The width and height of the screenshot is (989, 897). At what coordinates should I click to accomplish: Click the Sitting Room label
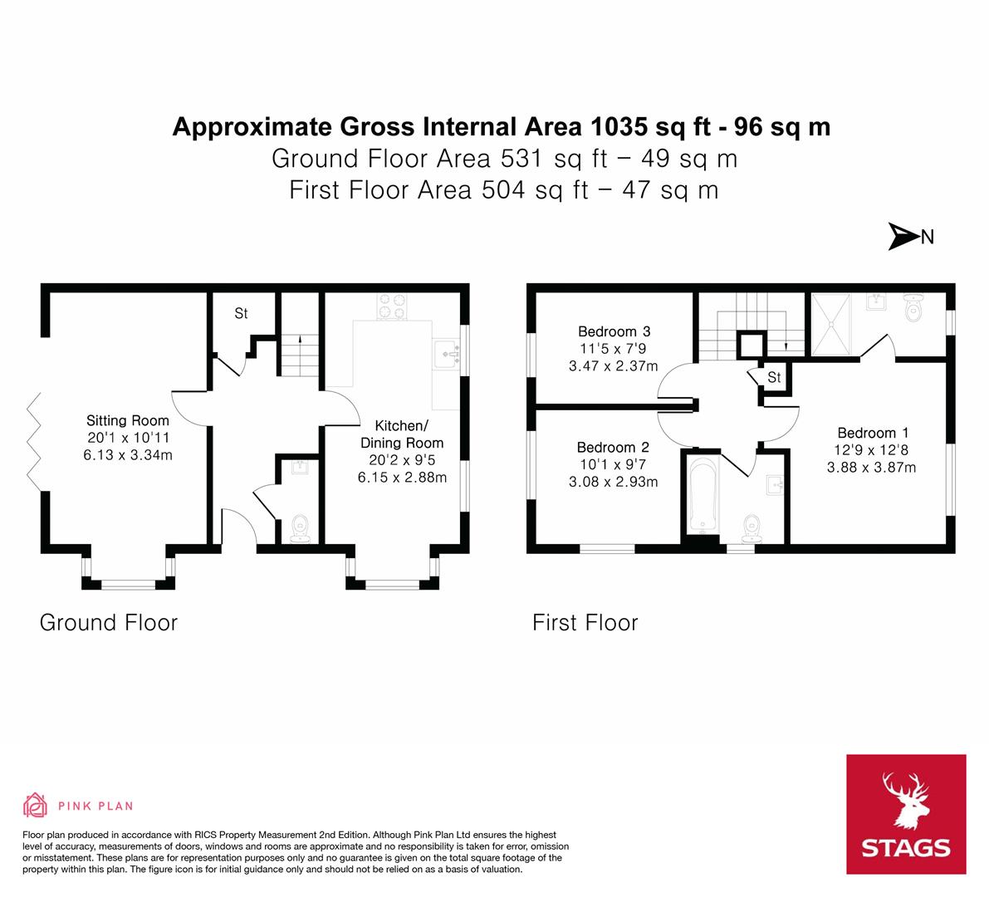tap(128, 421)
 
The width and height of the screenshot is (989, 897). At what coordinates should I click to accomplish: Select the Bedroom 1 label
tap(872, 433)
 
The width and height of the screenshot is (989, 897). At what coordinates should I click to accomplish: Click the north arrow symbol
tap(903, 237)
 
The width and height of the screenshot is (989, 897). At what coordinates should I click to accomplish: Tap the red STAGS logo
tap(906, 814)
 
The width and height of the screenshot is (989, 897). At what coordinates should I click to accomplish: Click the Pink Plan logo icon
tap(36, 805)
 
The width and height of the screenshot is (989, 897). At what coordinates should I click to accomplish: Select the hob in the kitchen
tap(393, 306)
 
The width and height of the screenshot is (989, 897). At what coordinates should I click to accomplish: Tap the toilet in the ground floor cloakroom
tap(299, 528)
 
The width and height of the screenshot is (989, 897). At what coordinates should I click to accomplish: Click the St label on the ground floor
tap(241, 313)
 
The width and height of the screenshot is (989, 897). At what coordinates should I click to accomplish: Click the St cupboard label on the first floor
tap(774, 378)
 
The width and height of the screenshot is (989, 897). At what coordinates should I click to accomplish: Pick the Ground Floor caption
tap(109, 622)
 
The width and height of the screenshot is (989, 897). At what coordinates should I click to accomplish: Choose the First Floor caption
tap(585, 622)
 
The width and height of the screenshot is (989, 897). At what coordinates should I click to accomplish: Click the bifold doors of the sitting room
tap(33, 438)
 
